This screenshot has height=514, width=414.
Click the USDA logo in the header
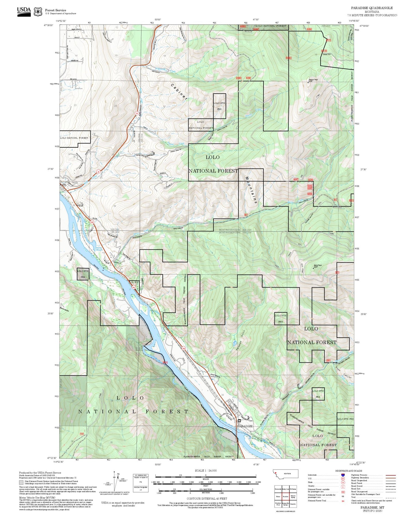point(24,11)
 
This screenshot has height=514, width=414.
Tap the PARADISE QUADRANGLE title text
point(372,8)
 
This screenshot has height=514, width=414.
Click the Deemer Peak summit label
point(313,80)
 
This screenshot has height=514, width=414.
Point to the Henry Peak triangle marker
point(313,268)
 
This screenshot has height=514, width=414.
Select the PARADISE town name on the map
point(245,426)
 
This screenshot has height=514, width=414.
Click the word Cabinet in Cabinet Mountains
point(179,92)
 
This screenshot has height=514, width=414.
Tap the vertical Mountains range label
point(251,190)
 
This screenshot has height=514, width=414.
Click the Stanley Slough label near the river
point(99,249)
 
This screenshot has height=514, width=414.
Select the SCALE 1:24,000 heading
point(205,470)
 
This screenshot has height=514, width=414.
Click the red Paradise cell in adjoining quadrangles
point(285,497)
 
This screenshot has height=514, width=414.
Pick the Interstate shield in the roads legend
point(343,475)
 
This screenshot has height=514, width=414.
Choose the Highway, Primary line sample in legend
point(391,475)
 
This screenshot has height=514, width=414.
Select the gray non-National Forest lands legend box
point(21,482)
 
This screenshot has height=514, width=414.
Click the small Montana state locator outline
point(286,474)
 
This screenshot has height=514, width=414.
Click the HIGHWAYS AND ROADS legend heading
point(348,471)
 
